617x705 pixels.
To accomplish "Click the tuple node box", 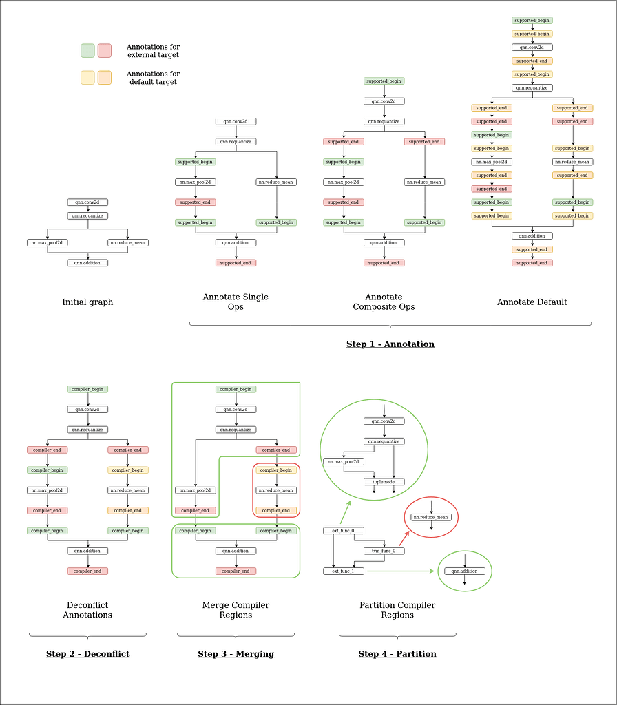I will [384, 482].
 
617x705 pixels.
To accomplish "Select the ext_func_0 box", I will [344, 531].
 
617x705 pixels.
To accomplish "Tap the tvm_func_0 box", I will [384, 551].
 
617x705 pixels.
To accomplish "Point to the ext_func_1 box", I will [344, 571].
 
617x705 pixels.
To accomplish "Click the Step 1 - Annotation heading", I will [390, 344].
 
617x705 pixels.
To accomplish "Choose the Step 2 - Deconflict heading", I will [87, 653].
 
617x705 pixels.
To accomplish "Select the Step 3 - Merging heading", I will [236, 653].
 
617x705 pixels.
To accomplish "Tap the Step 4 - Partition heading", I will [397, 653].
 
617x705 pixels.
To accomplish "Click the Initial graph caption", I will [87, 302].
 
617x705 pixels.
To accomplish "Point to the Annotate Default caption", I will [532, 302].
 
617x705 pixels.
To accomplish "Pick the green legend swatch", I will [87, 51].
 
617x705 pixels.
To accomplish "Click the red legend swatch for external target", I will [105, 51].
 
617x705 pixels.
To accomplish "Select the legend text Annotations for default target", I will [153, 78].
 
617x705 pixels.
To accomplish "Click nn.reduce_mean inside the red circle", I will [431, 517].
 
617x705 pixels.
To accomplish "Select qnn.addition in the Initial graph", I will [87, 263].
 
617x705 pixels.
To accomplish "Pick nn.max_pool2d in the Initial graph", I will [47, 243].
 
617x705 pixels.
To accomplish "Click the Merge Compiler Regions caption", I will [236, 610].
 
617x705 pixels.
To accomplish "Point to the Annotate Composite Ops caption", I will [384, 302].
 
